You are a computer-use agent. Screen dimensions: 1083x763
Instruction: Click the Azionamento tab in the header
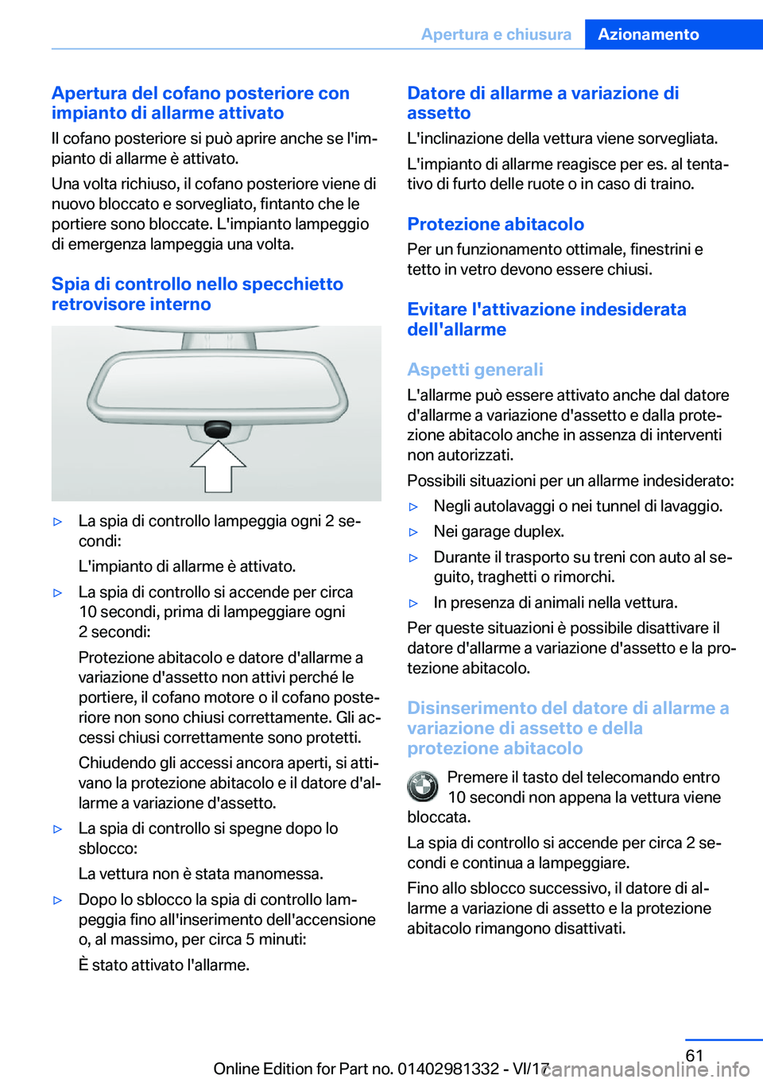pos(649,34)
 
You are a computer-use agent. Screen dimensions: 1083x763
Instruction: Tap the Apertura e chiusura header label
pos(496,34)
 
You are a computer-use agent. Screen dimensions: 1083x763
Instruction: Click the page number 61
pos(694,1055)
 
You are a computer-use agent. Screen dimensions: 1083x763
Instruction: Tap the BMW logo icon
pos(423,786)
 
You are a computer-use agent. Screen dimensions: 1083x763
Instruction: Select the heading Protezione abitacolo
pos(495,224)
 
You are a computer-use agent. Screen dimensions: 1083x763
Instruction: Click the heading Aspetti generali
pos(474,370)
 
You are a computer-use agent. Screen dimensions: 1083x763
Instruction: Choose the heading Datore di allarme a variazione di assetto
pos(543,103)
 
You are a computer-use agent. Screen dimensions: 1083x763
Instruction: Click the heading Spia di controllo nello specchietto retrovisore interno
pos(197,294)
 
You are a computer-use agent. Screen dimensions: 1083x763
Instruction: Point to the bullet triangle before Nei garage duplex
pos(413,532)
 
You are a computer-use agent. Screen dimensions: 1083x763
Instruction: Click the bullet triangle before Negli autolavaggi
pos(413,507)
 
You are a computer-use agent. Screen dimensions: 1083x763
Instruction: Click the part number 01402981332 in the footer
pos(447,1069)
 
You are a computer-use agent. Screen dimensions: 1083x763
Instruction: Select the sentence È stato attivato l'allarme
pos(164,965)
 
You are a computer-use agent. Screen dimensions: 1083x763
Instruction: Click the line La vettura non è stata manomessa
pos(200,874)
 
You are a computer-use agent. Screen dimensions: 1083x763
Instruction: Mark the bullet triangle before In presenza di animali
pos(413,604)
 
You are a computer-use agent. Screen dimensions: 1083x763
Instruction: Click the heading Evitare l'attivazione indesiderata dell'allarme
pos(546,320)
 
